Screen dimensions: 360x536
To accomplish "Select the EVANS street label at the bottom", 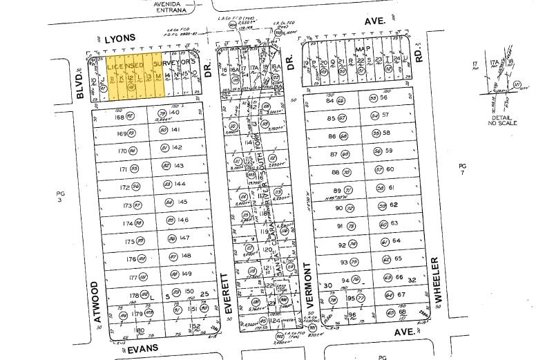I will click(x=143, y=348).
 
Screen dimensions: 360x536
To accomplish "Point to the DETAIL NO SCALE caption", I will click(x=501, y=119).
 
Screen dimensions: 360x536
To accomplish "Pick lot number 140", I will click(x=174, y=112).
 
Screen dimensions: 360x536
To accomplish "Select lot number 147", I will click(x=184, y=238).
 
